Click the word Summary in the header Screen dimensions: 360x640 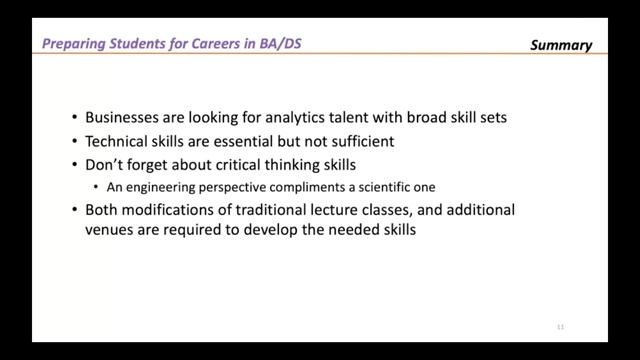(x=561, y=45)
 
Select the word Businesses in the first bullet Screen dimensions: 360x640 (x=123, y=117)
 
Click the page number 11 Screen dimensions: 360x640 (x=560, y=326)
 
